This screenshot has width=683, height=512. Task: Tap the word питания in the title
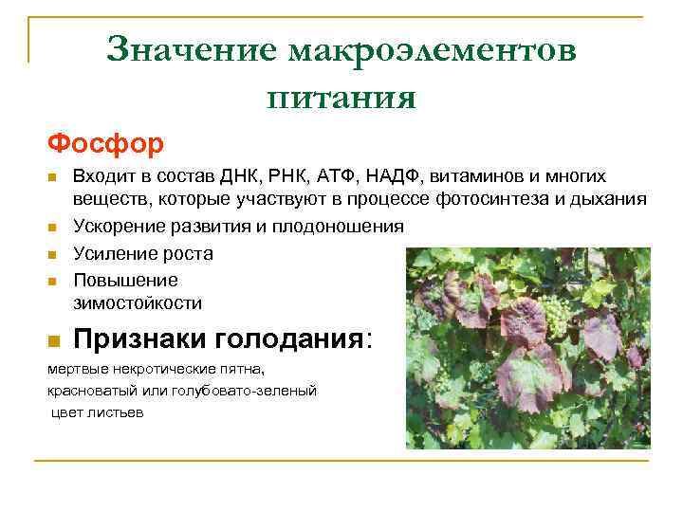341,96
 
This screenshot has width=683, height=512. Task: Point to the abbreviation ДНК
241,177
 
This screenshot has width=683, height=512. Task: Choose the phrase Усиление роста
143,253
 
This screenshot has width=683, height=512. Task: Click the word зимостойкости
138,303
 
